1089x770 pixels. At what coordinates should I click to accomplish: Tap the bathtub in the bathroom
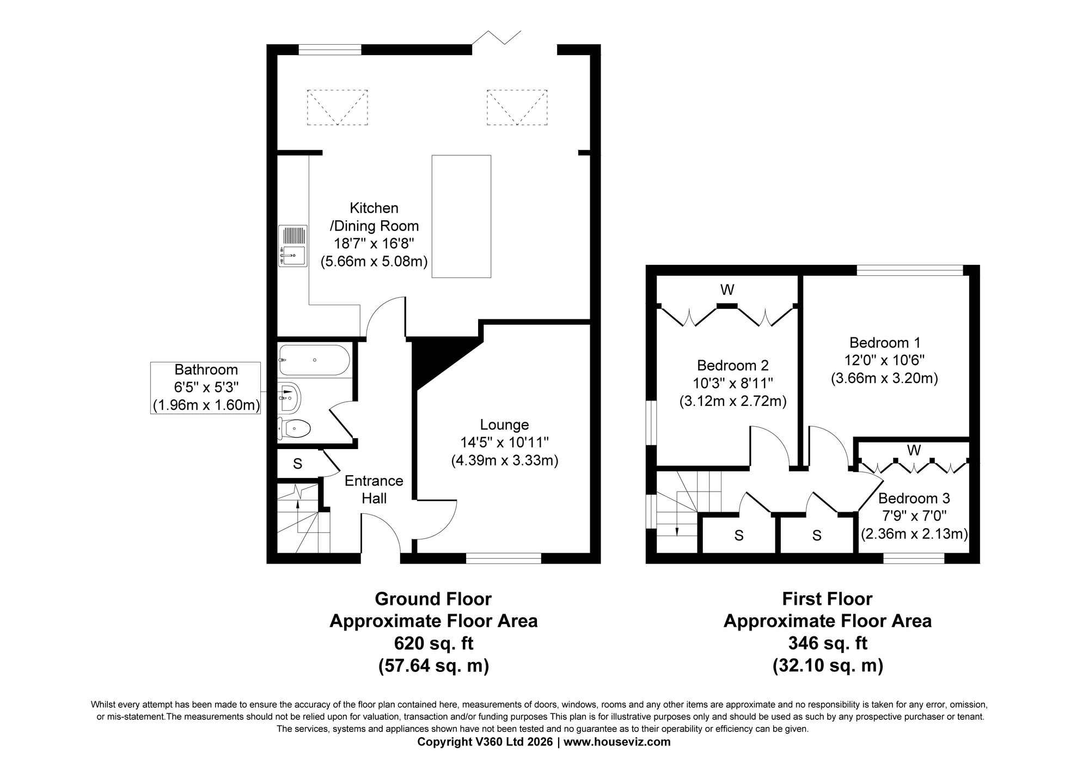click(313, 360)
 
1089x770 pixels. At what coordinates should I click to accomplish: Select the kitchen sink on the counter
click(292, 246)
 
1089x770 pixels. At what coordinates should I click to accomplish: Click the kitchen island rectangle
click(461, 217)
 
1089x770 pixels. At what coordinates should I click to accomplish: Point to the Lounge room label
click(504, 425)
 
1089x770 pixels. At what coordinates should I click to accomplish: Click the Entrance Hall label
click(374, 489)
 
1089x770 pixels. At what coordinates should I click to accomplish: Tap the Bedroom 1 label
click(885, 343)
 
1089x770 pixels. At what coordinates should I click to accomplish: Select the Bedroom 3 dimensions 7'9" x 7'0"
click(914, 516)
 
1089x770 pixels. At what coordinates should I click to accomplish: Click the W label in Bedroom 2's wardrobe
click(727, 290)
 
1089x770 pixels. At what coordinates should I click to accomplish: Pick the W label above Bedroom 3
click(914, 450)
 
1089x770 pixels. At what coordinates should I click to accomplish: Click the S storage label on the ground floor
click(297, 464)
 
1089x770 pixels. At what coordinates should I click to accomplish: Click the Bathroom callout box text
click(206, 387)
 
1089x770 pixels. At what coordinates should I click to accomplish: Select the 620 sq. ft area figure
click(433, 644)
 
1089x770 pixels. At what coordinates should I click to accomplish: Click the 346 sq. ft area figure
click(828, 644)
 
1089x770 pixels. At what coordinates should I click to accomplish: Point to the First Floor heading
click(827, 599)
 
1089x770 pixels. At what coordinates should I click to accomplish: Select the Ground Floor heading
click(433, 599)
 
